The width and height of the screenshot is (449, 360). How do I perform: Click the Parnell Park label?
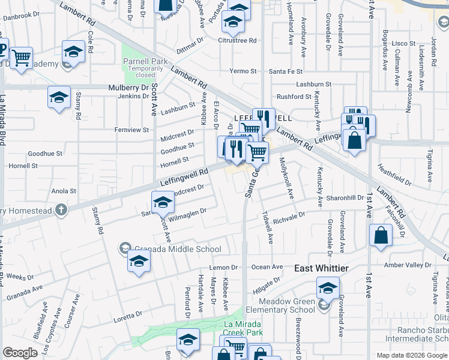[145, 61]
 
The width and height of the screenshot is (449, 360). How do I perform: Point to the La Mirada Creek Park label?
[252, 328]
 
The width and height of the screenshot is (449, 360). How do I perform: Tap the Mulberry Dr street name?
[128, 88]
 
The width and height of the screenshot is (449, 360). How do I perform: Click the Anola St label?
[64, 191]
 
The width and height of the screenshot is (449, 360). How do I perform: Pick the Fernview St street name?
[131, 130]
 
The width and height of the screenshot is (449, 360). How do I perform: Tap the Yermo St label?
[243, 71]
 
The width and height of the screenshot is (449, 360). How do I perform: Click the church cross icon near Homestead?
[61, 210]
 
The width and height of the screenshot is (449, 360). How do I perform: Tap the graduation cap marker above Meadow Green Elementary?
[328, 287]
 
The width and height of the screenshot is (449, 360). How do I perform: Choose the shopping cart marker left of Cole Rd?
[21, 58]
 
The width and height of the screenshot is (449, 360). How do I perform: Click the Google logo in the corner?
[20, 353]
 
